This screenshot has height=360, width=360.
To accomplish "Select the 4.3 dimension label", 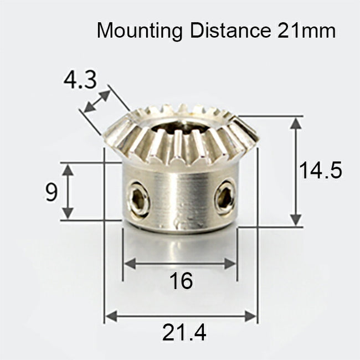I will click(x=80, y=80).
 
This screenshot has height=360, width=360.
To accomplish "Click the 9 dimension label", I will click(x=52, y=192).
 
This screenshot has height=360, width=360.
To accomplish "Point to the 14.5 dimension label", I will click(x=321, y=171).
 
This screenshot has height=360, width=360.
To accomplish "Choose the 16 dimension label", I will click(x=181, y=281).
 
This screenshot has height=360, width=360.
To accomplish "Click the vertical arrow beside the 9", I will click(x=68, y=191).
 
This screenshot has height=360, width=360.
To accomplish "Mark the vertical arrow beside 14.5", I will click(x=297, y=171).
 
